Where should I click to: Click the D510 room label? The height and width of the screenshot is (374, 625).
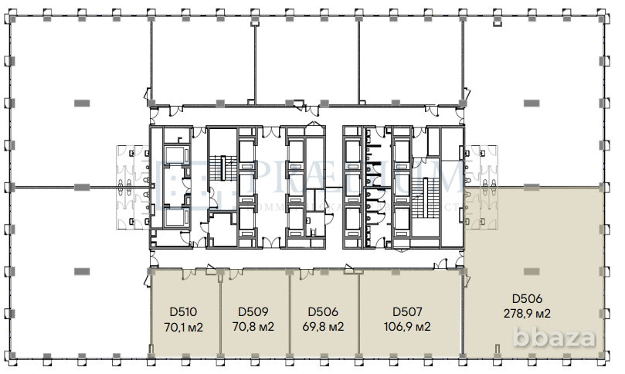click(183, 312)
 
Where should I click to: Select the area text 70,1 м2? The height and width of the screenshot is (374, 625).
click(183, 326)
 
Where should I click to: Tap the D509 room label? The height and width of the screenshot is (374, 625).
click(253, 312)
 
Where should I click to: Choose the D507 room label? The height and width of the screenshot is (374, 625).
click(407, 312)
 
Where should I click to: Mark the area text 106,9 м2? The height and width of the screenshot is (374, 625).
click(407, 326)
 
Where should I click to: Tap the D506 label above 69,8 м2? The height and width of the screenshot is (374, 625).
click(323, 312)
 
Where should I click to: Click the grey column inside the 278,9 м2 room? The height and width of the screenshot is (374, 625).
click(532, 270)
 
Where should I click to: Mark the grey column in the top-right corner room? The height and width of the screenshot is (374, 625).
click(532, 102)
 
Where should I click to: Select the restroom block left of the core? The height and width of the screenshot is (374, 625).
click(132, 185)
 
